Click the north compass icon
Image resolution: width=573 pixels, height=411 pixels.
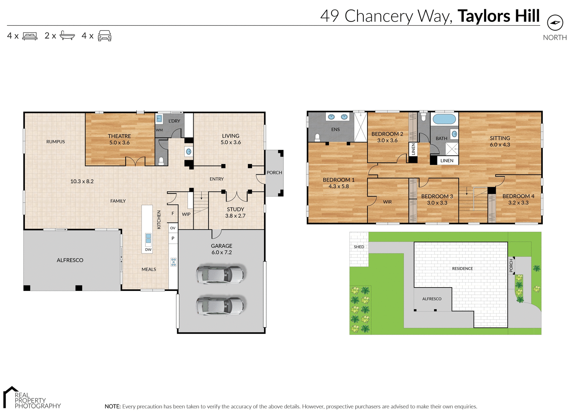tap(555, 23)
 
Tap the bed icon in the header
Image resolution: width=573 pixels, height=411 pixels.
tap(30, 36)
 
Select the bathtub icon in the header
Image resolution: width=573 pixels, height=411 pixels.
tap(67, 36)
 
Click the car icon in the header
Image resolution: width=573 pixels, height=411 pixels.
tap(105, 36)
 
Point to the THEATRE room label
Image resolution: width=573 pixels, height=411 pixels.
tap(119, 139)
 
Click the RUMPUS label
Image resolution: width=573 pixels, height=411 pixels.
tap(56, 142)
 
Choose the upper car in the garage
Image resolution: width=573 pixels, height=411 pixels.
tap(220, 275)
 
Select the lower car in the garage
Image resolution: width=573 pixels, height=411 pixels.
tap(220, 306)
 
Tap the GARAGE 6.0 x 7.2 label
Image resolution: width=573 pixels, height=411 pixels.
tap(222, 249)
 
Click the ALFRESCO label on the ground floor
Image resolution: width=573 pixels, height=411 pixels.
tap(70, 260)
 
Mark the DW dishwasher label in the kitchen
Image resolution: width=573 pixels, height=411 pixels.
tap(148, 250)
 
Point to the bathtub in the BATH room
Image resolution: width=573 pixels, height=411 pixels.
tap(444, 119)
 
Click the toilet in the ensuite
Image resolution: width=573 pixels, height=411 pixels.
tap(317, 137)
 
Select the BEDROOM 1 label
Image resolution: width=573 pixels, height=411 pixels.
tap(338, 183)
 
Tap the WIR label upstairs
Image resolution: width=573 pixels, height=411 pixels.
tap(387, 202)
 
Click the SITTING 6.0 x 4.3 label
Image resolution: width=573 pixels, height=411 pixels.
tap(500, 141)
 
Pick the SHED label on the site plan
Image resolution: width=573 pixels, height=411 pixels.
tap(359, 247)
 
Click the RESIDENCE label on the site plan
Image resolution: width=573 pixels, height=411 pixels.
tap(462, 269)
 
